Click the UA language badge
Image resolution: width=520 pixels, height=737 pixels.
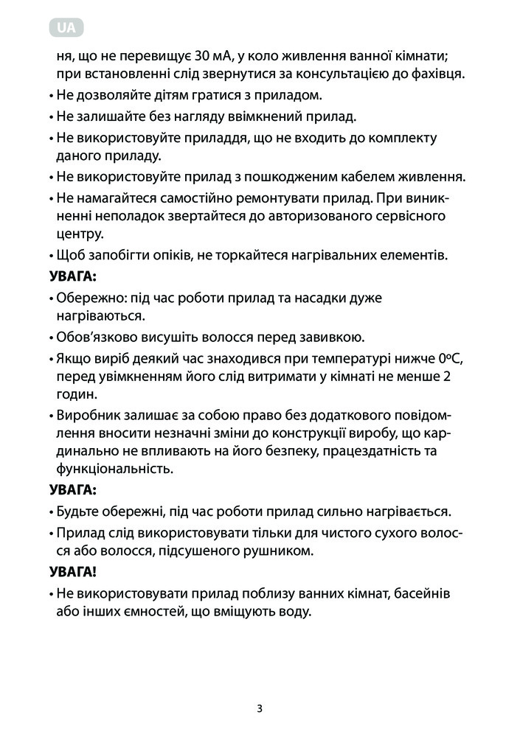pyautogui.click(x=66, y=29)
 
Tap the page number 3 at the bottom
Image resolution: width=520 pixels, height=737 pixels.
pyautogui.click(x=260, y=709)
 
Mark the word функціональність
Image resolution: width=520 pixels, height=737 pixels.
pyautogui.click(x=114, y=469)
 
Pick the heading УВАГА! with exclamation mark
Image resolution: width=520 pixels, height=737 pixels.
pyautogui.click(x=73, y=571)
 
